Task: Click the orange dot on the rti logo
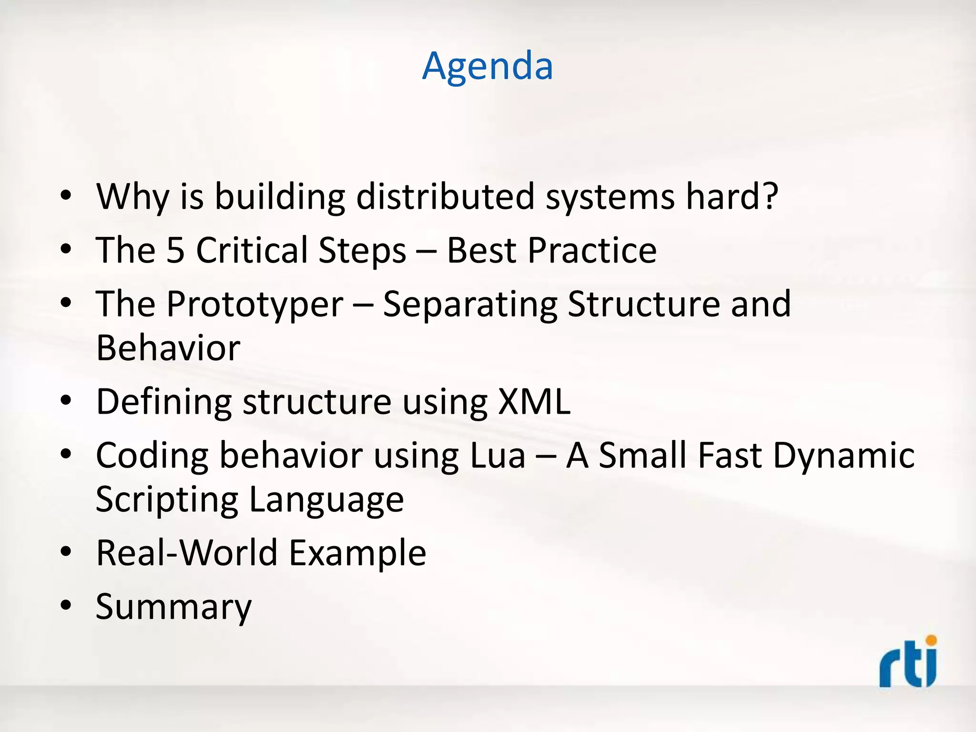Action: point(931,640)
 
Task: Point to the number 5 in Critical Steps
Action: point(175,250)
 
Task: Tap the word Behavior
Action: point(168,348)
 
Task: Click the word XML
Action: point(534,402)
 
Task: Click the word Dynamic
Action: point(844,456)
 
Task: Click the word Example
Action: point(357,553)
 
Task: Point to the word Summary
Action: point(173,607)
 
